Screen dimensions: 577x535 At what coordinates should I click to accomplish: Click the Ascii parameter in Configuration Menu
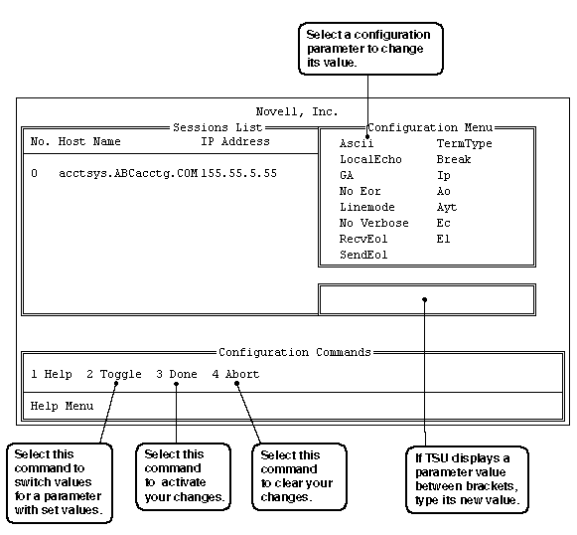tap(357, 143)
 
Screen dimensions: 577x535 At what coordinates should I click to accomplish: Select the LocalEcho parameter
tap(370, 159)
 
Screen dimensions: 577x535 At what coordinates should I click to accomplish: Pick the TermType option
tap(464, 144)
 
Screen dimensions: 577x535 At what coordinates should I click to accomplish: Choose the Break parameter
tap(454, 159)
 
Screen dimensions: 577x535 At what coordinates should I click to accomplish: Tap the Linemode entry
tap(366, 207)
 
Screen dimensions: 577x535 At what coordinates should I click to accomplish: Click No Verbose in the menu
tap(373, 223)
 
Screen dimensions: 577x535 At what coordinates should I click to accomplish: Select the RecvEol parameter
tap(363, 239)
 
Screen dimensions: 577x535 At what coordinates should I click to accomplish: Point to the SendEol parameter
tap(363, 255)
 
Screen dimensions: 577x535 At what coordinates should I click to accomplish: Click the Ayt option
tap(447, 208)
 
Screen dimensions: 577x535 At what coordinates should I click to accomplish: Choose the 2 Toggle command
tap(114, 374)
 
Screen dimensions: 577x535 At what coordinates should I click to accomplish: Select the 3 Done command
tap(177, 374)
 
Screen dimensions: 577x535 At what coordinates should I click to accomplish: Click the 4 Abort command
tap(236, 374)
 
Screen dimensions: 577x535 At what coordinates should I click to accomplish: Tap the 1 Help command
tap(52, 374)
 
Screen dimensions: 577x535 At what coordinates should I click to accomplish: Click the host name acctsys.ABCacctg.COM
tap(128, 173)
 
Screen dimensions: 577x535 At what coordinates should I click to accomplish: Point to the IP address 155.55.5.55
tap(238, 173)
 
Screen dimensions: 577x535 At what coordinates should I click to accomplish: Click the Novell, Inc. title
tap(297, 111)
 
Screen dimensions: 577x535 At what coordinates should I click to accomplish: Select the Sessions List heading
tap(217, 127)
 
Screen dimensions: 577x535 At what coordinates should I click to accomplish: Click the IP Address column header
tap(235, 141)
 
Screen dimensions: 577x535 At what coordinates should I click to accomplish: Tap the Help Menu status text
tap(62, 406)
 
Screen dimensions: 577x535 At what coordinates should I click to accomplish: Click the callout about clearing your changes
tap(299, 476)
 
